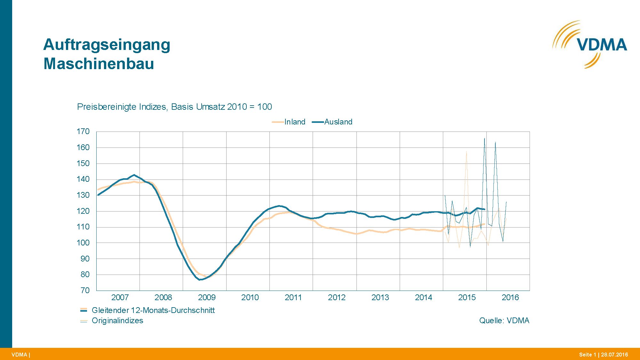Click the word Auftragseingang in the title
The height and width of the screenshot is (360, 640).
coord(107,44)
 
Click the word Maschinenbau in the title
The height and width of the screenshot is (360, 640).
coord(99,63)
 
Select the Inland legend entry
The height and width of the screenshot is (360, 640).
coord(294,122)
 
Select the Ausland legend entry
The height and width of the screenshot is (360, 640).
coord(338,122)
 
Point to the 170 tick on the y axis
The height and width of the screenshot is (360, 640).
coord(83,132)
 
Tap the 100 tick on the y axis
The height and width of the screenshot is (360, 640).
coord(83,243)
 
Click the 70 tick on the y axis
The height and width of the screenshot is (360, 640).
coord(85,290)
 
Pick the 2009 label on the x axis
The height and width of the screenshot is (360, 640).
coord(206,298)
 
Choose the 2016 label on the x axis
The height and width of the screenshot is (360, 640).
coord(510,298)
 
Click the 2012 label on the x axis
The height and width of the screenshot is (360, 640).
coord(337,298)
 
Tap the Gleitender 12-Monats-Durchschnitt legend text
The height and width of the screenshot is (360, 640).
coord(153,310)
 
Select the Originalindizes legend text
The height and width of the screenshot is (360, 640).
coord(117,321)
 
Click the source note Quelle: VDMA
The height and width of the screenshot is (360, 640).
coord(504,321)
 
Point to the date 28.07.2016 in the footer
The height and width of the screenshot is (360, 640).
coord(614,355)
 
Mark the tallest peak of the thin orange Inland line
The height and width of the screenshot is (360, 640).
coord(466,152)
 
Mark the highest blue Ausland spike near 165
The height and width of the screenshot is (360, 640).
coord(484,138)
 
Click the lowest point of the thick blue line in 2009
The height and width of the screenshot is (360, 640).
coord(200,280)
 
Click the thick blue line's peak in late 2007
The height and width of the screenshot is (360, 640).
coord(134,175)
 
